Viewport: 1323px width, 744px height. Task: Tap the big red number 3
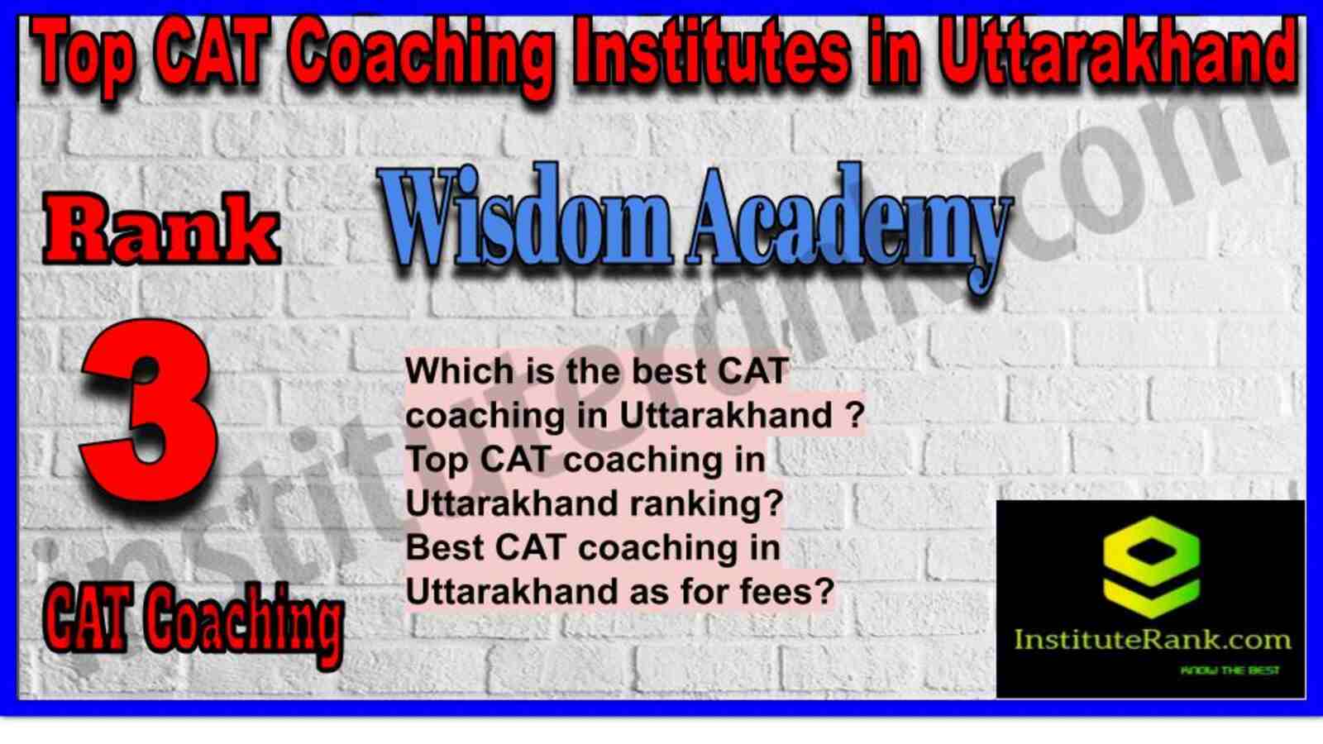tap(149, 413)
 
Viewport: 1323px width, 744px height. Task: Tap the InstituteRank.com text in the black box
tap(1152, 640)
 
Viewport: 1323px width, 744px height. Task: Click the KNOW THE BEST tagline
tap(1229, 670)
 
